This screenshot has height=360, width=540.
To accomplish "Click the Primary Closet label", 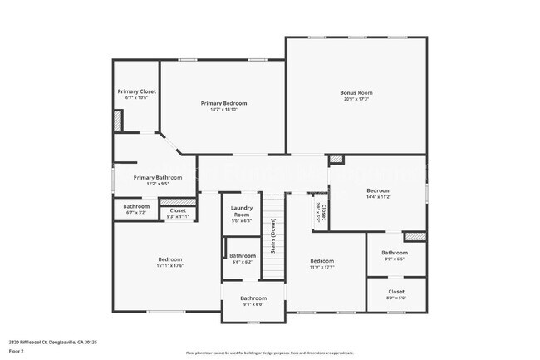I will pos(136,91).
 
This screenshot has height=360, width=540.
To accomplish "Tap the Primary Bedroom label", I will pos(223,103).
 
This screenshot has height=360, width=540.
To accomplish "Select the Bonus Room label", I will pos(356,92).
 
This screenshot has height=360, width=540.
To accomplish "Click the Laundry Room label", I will pos(242,211).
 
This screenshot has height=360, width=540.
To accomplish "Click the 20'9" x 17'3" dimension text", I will pos(356,100).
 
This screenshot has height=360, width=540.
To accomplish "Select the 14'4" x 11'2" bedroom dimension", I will pos(378,197).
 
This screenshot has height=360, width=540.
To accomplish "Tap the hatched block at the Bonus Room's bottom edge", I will pos(336,160).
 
